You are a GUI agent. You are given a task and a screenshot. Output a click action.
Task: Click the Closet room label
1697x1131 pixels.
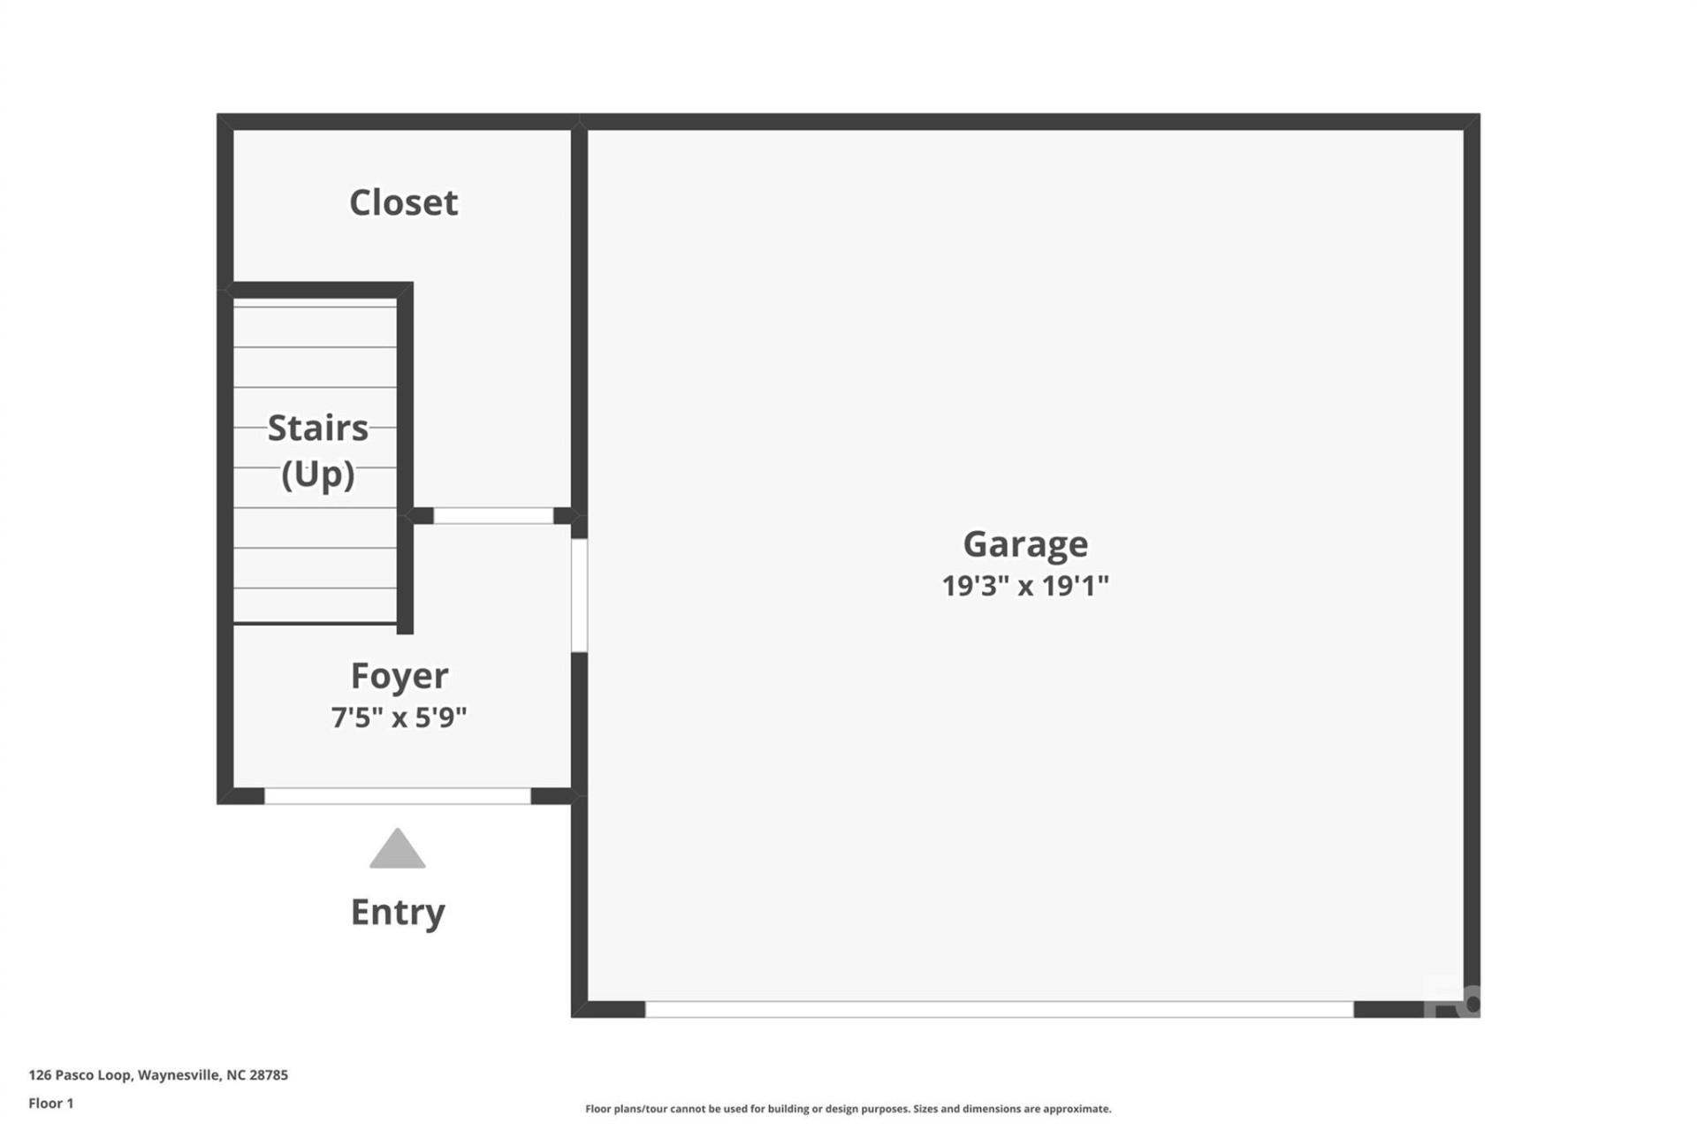pyautogui.click(x=403, y=202)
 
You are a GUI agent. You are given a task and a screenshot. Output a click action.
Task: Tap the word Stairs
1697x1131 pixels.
pyautogui.click(x=317, y=429)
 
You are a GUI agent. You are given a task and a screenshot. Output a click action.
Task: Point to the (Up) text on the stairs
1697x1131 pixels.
pyautogui.click(x=317, y=474)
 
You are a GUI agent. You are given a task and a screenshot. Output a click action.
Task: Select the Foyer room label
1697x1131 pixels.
pyautogui.click(x=400, y=676)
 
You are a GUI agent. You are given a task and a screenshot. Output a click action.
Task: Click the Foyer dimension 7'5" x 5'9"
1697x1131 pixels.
pyautogui.click(x=399, y=717)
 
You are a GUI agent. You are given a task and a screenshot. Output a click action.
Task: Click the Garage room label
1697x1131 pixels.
pyautogui.click(x=1025, y=543)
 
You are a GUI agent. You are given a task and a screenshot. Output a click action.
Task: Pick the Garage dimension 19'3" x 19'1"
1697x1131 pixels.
pyautogui.click(x=1025, y=585)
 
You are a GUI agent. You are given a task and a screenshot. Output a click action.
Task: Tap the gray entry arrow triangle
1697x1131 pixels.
pyautogui.click(x=398, y=850)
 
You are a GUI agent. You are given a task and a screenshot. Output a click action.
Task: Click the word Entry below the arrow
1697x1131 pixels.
pyautogui.click(x=398, y=912)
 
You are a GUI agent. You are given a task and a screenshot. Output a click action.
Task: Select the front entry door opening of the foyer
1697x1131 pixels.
pyautogui.click(x=398, y=796)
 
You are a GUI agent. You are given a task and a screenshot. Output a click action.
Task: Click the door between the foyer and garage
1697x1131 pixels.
pyautogui.click(x=579, y=596)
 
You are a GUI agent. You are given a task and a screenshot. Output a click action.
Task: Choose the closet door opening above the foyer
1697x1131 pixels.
pyautogui.click(x=493, y=516)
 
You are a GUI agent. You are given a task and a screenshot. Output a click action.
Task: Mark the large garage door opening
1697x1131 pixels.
pyautogui.click(x=999, y=1009)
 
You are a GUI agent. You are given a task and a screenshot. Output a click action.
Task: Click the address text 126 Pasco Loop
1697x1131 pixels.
pyautogui.click(x=80, y=1075)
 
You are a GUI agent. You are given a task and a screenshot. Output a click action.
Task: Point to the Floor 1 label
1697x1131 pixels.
pyautogui.click(x=51, y=1104)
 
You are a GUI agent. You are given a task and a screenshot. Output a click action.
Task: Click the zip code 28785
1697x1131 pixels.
pyautogui.click(x=269, y=1075)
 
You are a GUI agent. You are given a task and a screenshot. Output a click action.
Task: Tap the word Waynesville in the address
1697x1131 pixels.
pyautogui.click(x=179, y=1075)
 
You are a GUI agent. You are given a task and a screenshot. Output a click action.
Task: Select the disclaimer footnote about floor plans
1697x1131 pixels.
pyautogui.click(x=848, y=1109)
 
